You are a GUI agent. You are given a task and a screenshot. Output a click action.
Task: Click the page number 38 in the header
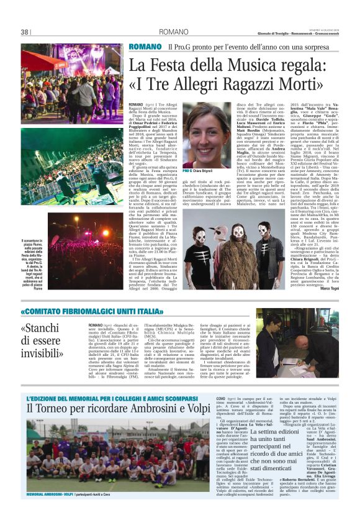pyautogui.click(x=25, y=32)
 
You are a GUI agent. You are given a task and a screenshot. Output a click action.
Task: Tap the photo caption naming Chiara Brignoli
pyautogui.click(x=203, y=170)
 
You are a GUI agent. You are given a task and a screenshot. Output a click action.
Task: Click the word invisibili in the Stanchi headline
pyautogui.click(x=47, y=353)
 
